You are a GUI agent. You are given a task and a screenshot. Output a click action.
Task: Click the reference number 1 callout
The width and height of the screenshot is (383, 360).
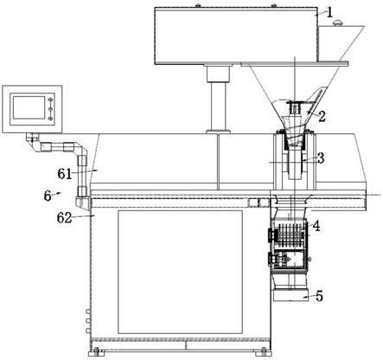pos(329,12)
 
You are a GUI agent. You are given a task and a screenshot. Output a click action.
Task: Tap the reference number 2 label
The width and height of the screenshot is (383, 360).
pos(322,117)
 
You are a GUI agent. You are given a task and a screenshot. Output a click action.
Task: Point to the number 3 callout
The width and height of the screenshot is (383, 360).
pos(321,158)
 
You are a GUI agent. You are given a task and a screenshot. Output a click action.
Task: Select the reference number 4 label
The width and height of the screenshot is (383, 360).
pos(316,226)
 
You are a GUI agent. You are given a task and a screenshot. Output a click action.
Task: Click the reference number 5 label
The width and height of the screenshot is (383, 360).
pos(319,296)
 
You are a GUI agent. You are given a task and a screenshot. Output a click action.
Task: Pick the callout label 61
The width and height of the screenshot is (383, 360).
pos(65,174)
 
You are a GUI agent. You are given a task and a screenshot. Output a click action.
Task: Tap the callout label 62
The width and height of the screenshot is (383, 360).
pos(64,218)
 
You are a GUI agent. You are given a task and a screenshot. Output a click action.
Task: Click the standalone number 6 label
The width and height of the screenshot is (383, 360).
pos(48,196)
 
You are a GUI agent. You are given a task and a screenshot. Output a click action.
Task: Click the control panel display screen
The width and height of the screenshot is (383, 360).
pos(29,107)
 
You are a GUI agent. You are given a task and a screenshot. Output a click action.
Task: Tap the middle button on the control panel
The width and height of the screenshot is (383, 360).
pos(50,109)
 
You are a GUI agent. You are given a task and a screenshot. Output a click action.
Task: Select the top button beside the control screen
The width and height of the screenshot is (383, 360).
pos(50,100)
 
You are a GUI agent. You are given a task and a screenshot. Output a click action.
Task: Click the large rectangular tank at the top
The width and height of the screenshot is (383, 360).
pos(236,35)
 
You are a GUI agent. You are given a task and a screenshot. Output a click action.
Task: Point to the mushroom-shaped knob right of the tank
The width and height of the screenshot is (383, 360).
pos(338,22)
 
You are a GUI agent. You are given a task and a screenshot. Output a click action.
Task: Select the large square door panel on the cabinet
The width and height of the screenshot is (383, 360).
pos(180,272)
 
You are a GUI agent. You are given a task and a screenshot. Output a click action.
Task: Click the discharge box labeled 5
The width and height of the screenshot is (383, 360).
pos(290,295)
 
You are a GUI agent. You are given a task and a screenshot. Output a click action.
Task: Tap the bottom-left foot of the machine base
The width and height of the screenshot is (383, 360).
pos(97,352)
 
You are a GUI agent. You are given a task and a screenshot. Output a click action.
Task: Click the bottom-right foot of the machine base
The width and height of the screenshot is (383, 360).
pos(264,352)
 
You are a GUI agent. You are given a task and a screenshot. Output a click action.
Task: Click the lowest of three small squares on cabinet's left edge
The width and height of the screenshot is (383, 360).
pos(88,331)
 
